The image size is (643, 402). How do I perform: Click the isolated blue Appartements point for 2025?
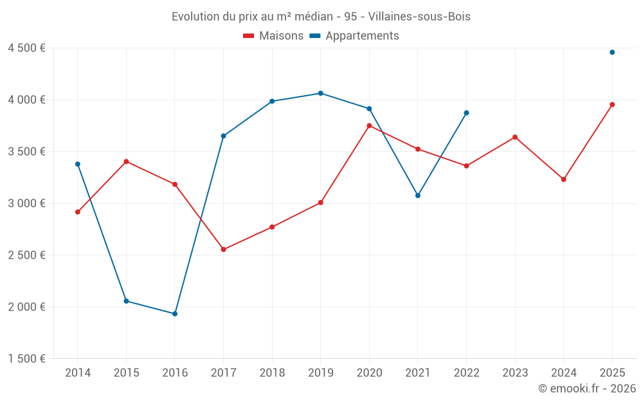tap(612, 52)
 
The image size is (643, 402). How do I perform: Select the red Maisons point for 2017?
tap(223, 250)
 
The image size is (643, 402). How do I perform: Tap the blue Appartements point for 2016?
tap(175, 314)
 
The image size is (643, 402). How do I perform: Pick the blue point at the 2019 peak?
tap(321, 93)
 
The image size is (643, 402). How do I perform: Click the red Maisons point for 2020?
tap(369, 125)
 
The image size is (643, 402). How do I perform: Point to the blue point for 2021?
tap(418, 196)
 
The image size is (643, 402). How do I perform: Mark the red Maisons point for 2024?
tap(563, 179)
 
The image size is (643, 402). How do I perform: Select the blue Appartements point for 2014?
tap(78, 164)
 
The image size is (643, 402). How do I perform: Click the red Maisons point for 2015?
tap(126, 161)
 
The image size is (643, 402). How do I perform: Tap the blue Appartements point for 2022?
tap(466, 113)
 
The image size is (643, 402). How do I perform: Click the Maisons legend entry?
tap(273, 36)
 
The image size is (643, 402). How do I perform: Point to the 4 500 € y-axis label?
tap(26, 48)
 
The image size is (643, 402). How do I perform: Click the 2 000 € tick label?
tap(26, 307)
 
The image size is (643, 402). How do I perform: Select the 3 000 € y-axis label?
tap(26, 203)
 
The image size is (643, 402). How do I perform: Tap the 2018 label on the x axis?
tap(272, 372)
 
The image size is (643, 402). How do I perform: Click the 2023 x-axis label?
tap(514, 372)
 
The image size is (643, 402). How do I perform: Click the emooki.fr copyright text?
tap(586, 388)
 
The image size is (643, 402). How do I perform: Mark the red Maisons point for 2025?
tap(612, 104)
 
